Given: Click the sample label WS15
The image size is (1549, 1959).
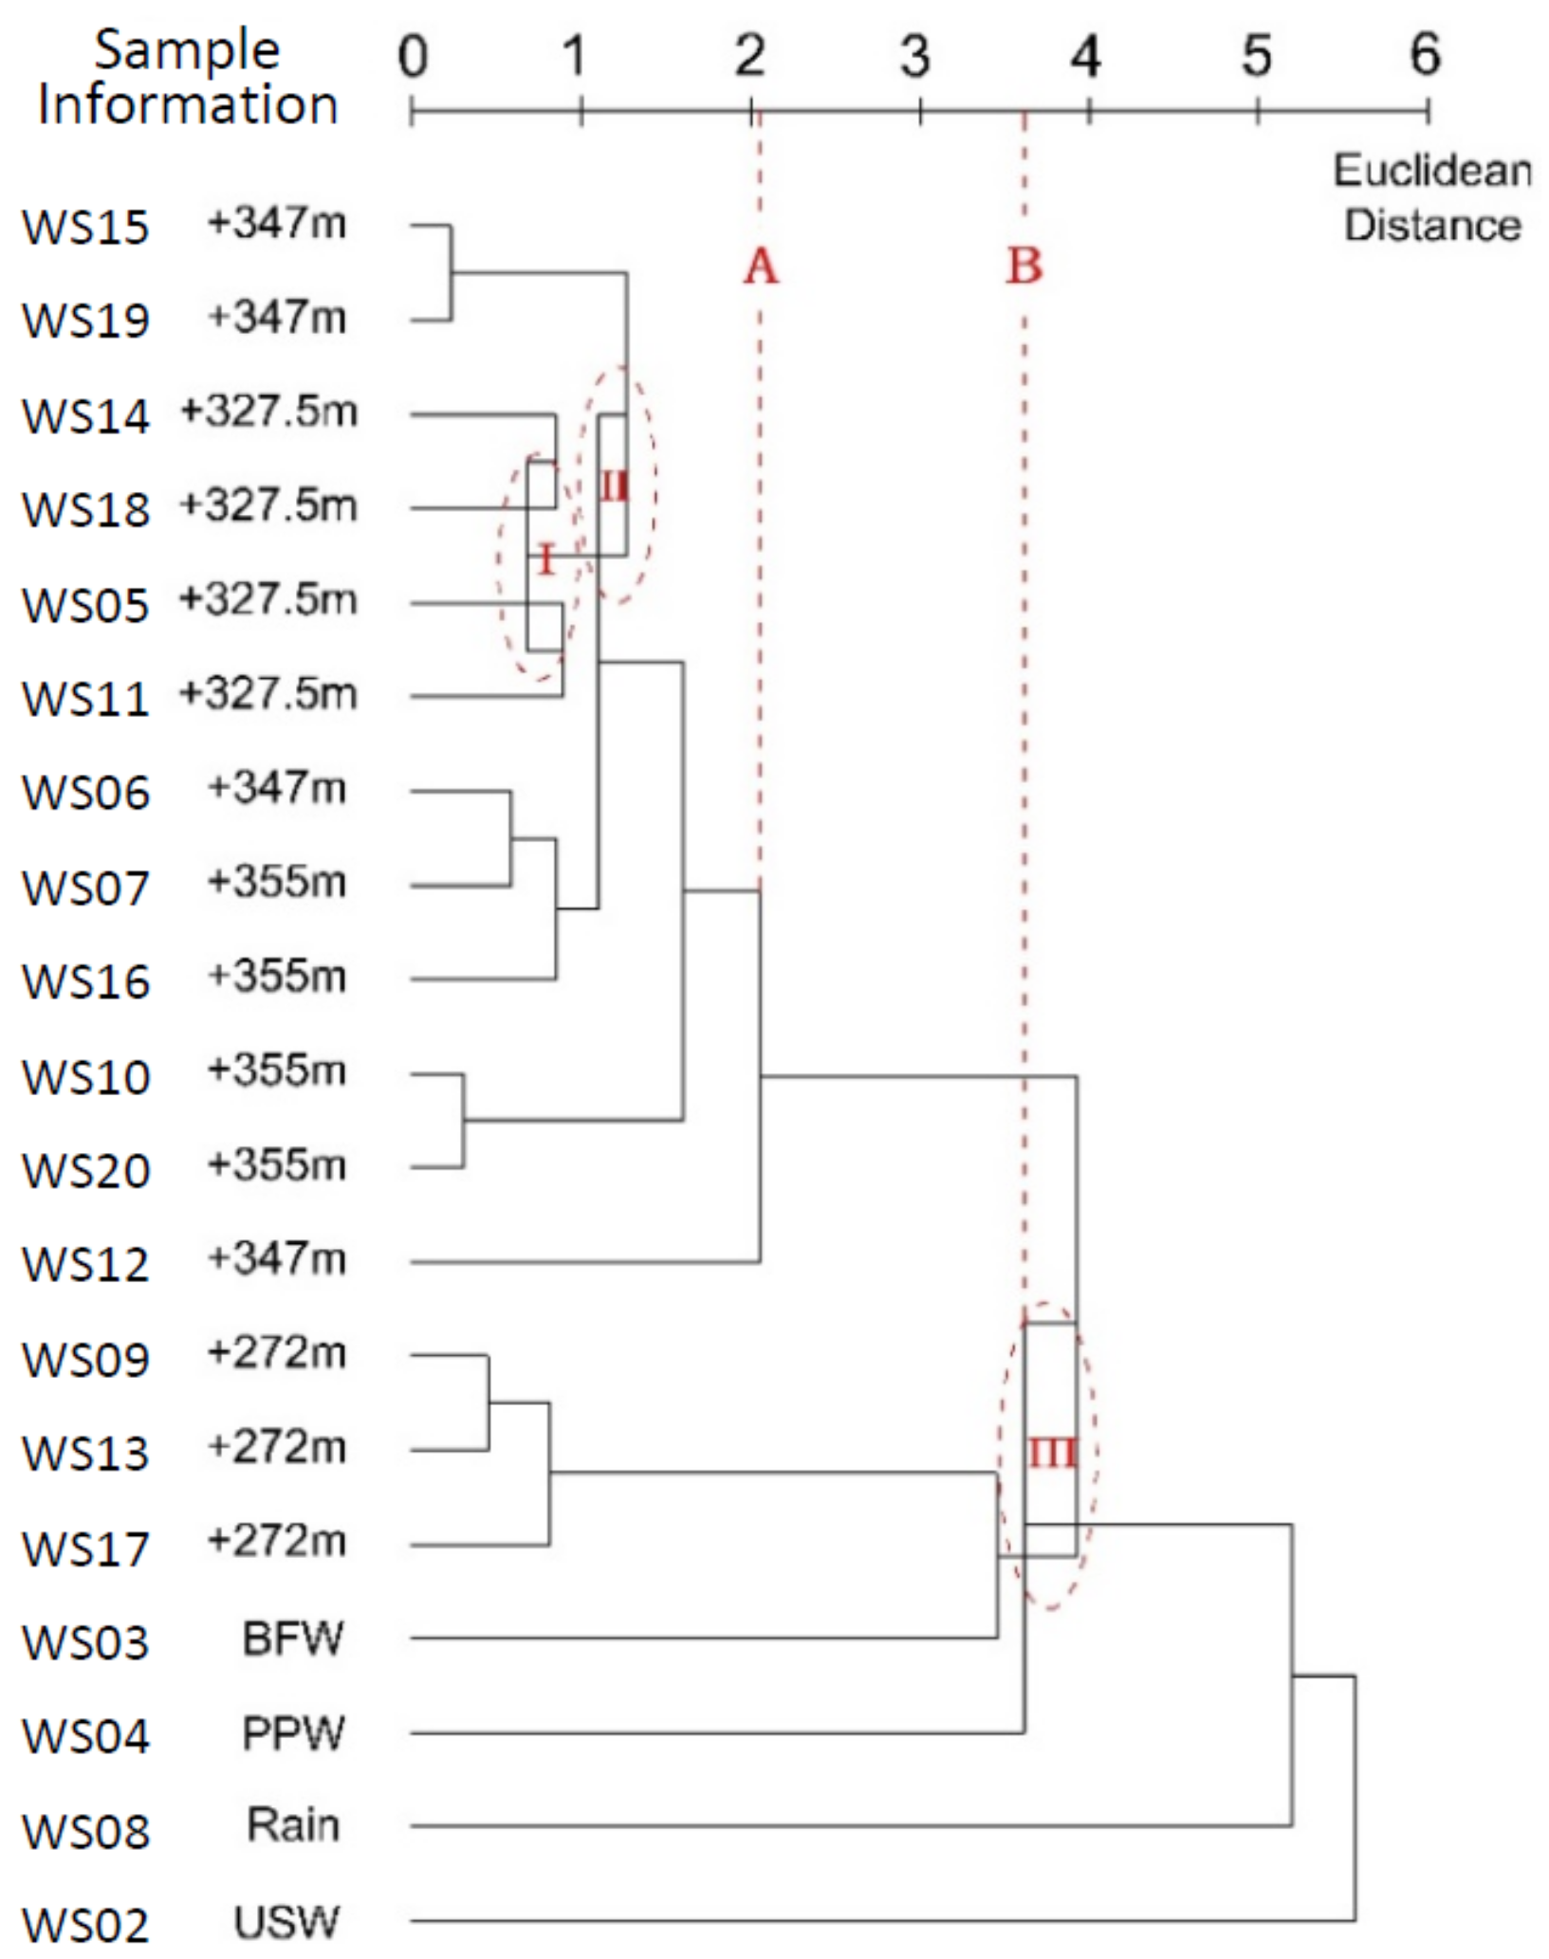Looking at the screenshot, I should click(85, 228).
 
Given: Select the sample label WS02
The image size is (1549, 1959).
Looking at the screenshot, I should click(85, 1925).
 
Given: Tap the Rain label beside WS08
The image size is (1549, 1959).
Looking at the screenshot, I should click(292, 1825).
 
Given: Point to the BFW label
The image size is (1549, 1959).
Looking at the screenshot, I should click(292, 1638).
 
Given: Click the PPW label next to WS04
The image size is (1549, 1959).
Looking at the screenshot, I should click(292, 1733).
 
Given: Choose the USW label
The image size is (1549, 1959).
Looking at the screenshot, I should click(286, 1922).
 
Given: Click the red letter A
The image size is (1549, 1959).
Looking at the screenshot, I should click(760, 266).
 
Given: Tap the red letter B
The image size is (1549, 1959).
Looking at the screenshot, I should click(1023, 266).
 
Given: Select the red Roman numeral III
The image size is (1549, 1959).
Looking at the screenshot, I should click(1052, 1454).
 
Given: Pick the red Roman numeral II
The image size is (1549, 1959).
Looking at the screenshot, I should click(614, 487).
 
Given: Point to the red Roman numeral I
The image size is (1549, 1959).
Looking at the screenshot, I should click(544, 560).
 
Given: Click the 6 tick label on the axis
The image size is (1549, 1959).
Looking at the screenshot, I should click(1425, 55).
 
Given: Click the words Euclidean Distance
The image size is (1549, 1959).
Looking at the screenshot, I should click(1432, 198).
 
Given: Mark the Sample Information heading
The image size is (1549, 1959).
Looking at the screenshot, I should click(187, 78).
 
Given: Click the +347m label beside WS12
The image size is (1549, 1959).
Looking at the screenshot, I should click(277, 1259).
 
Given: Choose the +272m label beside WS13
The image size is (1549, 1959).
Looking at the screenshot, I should click(277, 1448).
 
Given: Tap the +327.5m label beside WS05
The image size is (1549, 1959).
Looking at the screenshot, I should click(268, 600).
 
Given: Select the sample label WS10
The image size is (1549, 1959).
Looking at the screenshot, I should click(85, 1077).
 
